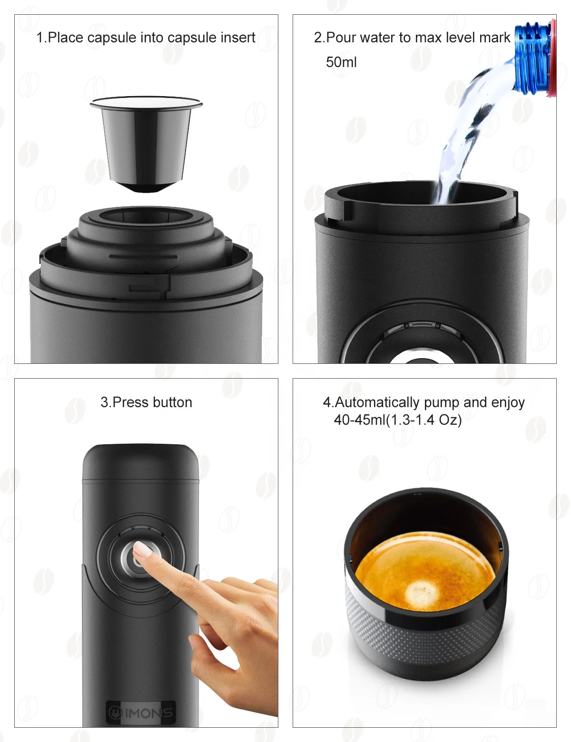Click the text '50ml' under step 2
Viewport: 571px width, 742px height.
coord(341,62)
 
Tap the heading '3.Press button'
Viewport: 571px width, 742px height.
coord(146,402)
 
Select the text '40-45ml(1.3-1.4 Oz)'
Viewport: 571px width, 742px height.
coord(397,420)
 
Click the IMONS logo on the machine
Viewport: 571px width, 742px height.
coord(141,713)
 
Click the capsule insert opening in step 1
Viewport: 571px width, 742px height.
coord(146,216)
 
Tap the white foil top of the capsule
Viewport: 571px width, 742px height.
coord(146,102)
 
